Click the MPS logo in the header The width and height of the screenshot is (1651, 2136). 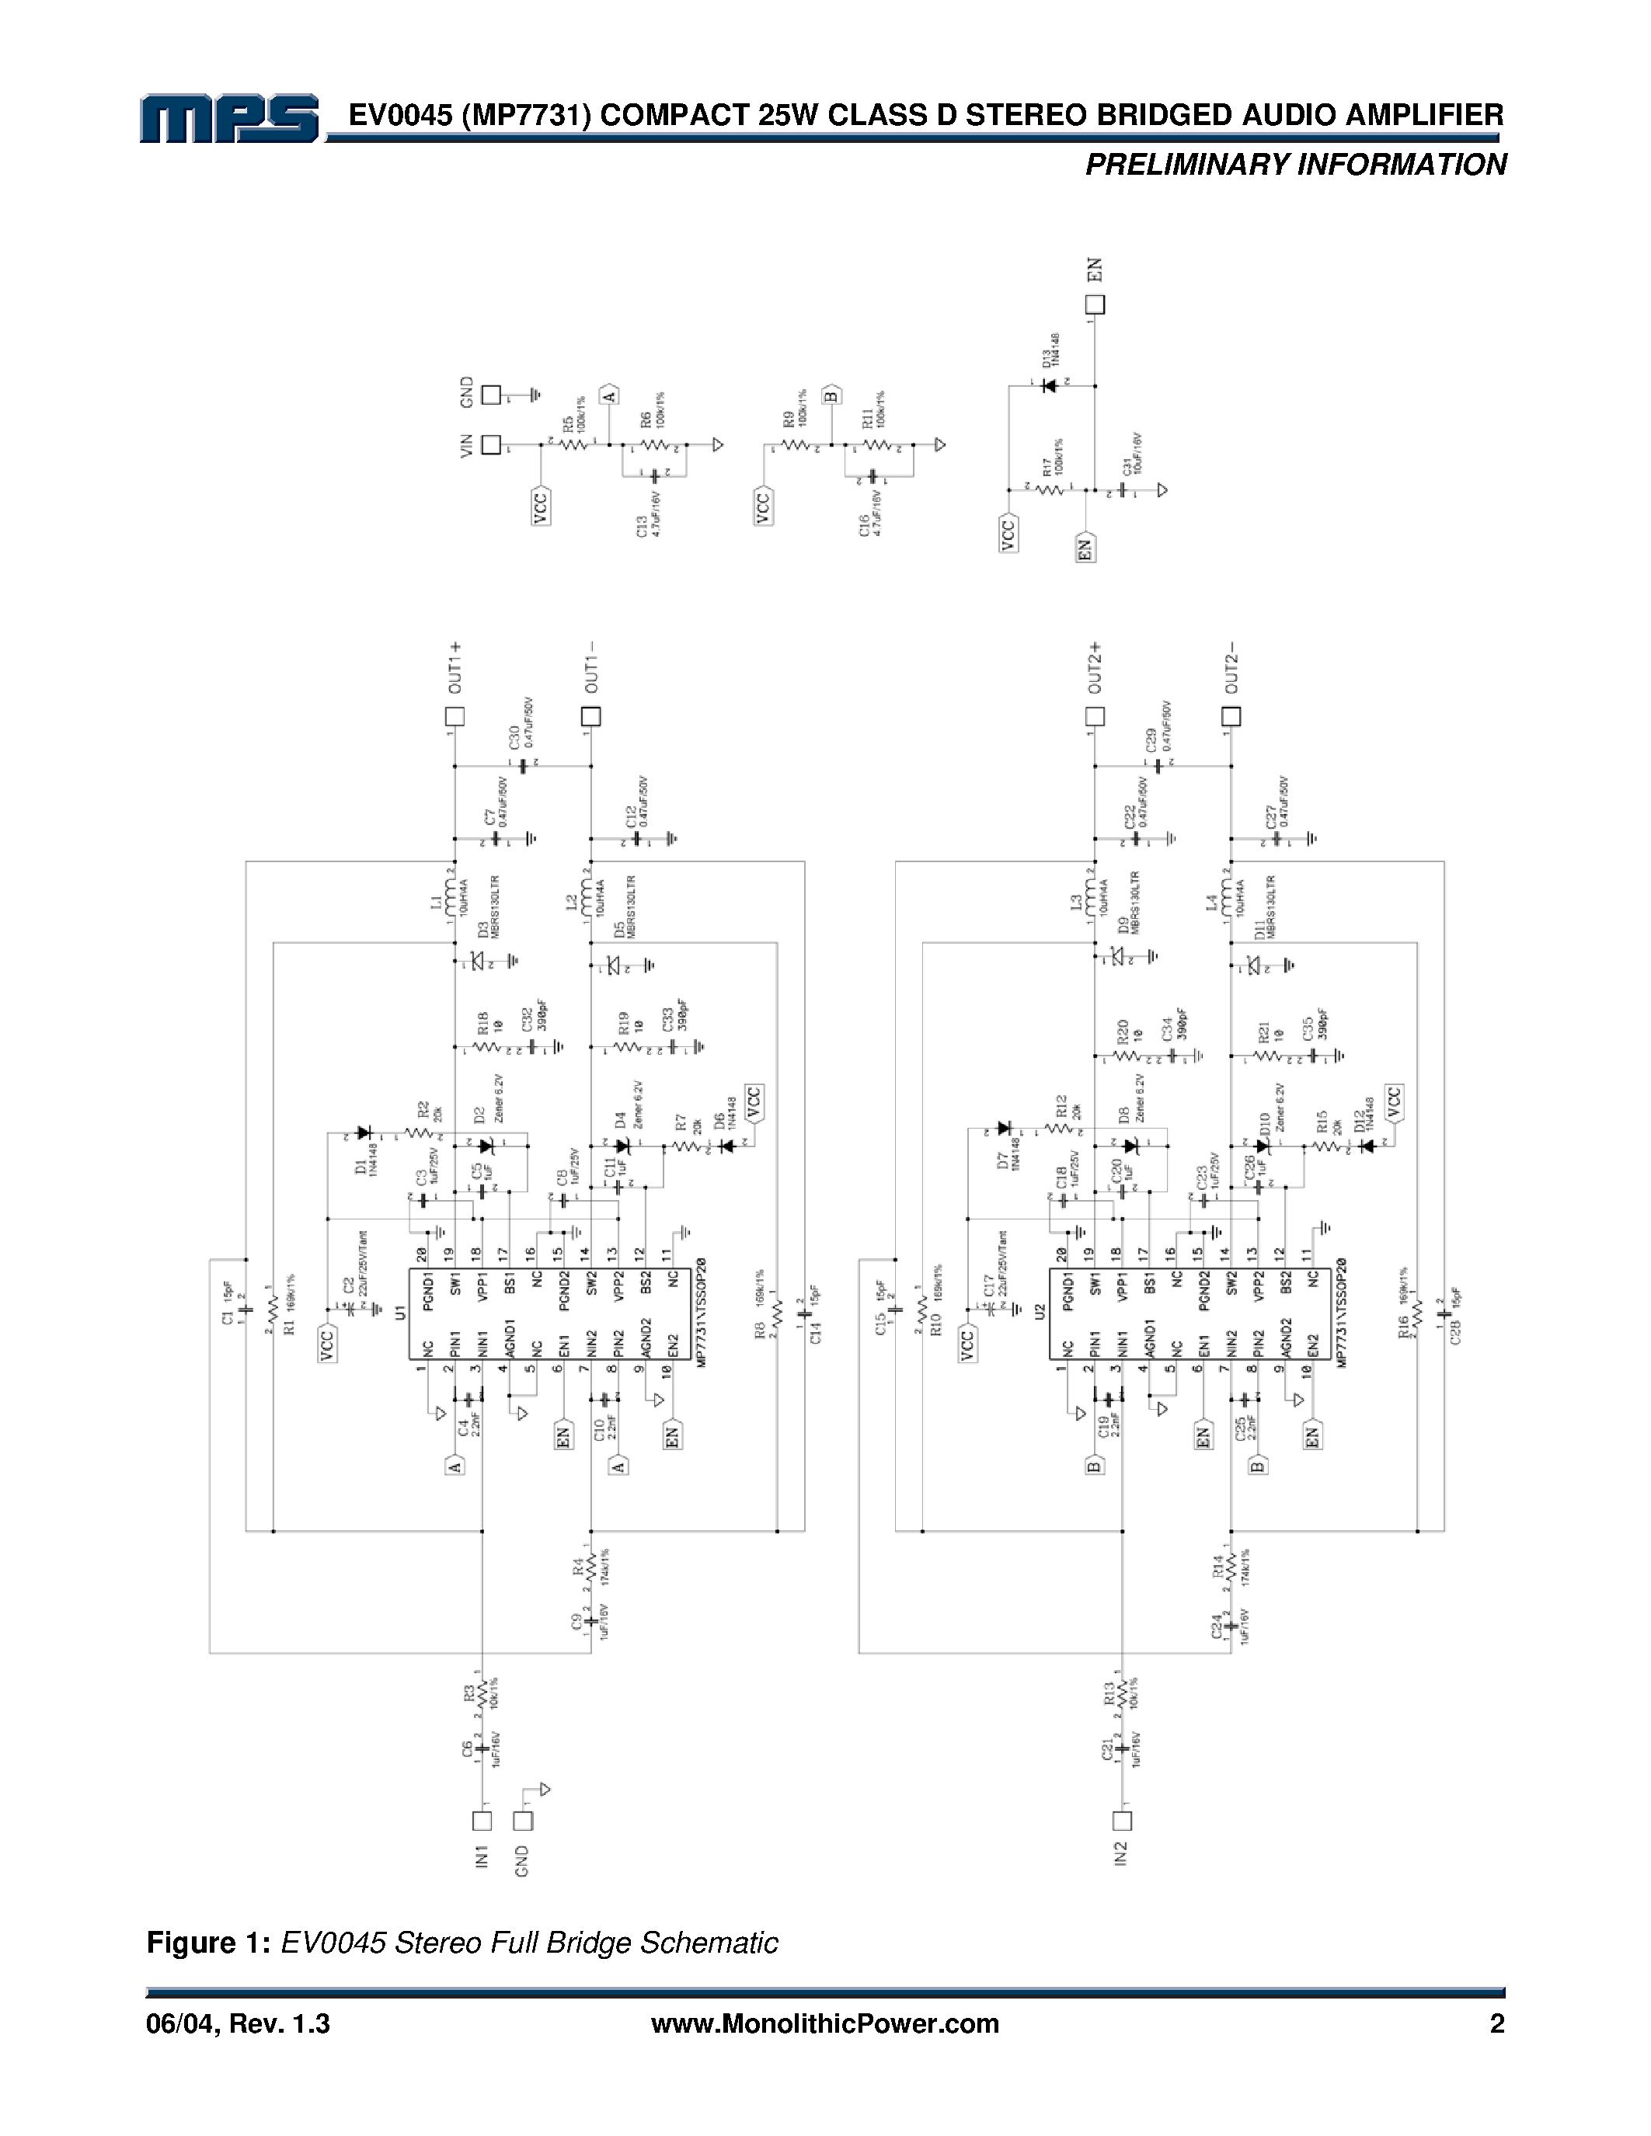point(229,120)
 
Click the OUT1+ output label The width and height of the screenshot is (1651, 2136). point(454,668)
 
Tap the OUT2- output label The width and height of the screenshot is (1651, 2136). point(1231,668)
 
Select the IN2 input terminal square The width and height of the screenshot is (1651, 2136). point(1122,1821)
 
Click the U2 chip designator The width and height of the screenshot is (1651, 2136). point(1040,1310)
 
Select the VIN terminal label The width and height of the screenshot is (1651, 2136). point(466,446)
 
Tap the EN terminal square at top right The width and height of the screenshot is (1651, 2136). point(1095,305)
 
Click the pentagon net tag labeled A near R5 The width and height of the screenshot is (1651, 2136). point(609,394)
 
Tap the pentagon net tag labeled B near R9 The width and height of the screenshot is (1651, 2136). point(831,394)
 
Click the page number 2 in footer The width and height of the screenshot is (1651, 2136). point(1496,2024)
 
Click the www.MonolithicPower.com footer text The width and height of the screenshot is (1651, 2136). point(824,2024)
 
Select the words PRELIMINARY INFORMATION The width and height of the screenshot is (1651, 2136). point(1295,165)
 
